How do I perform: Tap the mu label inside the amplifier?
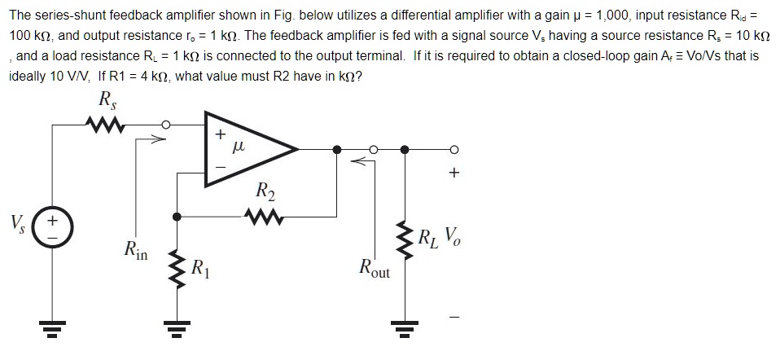239,147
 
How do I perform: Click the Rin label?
135,249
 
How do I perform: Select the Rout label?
374,266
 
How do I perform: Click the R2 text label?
265,192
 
